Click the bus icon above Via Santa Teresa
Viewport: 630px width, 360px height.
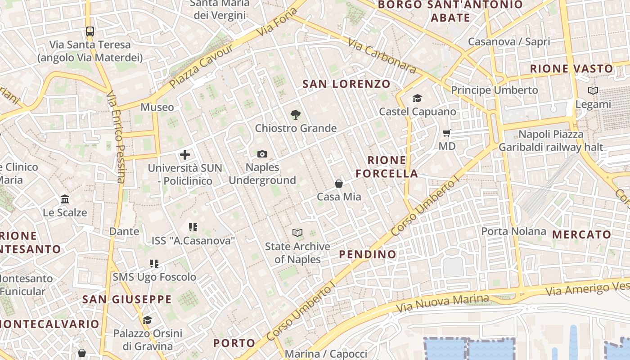tap(90, 31)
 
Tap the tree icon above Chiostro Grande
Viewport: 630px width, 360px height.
tap(296, 115)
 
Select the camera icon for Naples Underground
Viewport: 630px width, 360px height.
tap(262, 154)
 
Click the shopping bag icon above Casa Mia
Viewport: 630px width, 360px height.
tap(339, 184)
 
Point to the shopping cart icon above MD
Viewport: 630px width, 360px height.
tap(447, 133)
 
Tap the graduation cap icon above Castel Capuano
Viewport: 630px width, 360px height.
tap(417, 98)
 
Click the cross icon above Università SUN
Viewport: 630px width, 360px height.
tap(185, 155)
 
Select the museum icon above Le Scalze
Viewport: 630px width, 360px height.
tap(65, 199)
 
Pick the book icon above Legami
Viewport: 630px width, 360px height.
tap(593, 91)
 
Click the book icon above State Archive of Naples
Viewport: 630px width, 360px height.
tap(297, 233)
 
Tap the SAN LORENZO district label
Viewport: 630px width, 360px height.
tap(346, 84)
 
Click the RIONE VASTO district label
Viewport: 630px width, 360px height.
tap(571, 69)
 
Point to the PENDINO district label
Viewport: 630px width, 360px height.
tap(368, 254)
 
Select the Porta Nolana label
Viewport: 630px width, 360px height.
tap(513, 231)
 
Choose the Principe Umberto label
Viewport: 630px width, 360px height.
tap(495, 90)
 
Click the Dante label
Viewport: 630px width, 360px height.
tap(124, 231)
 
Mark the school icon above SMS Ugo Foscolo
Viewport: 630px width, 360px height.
tap(154, 264)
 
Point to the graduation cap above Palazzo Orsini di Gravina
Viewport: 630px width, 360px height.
tap(147, 320)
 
